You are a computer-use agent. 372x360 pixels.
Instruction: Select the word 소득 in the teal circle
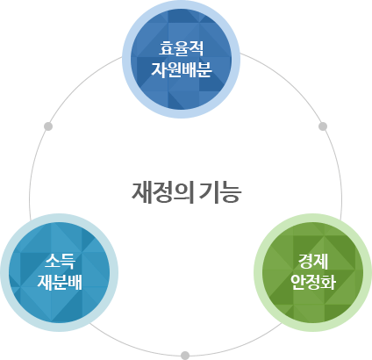59,260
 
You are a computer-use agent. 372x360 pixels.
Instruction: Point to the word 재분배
59,282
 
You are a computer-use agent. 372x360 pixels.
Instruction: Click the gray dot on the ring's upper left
48,126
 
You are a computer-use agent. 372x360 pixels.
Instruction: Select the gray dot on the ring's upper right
322,126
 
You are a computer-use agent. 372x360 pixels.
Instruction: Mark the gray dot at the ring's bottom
184,355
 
